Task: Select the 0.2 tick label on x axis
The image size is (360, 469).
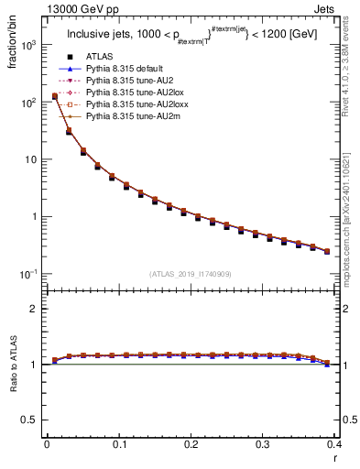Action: coord(191,444)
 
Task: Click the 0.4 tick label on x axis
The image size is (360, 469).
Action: coord(334,444)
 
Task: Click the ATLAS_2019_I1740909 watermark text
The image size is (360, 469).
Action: coord(191,275)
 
